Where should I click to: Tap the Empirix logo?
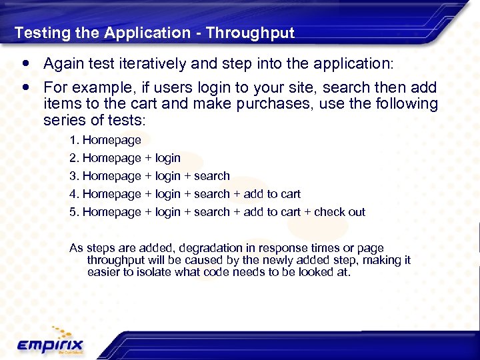click(x=50, y=343)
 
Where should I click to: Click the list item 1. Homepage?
click(x=105, y=140)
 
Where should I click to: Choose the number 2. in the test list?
click(x=74, y=158)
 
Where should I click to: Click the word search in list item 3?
click(x=212, y=176)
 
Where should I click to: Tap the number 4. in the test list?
click(x=74, y=194)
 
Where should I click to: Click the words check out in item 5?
click(x=339, y=212)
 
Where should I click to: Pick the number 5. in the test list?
click(x=74, y=212)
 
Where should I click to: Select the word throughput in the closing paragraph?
click(x=118, y=260)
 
